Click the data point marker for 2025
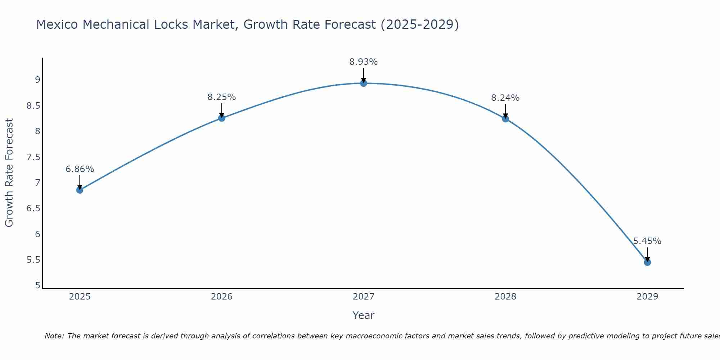pyautogui.click(x=80, y=190)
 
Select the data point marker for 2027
pyautogui.click(x=364, y=84)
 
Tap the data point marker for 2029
pyautogui.click(x=647, y=262)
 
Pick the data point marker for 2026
pyautogui.click(x=222, y=118)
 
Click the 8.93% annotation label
pyautogui.click(x=364, y=62)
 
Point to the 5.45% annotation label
pyautogui.click(x=647, y=241)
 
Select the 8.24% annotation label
pyautogui.click(x=505, y=98)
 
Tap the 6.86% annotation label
pyautogui.click(x=80, y=169)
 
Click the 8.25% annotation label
pyautogui.click(x=222, y=97)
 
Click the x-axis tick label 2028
pyautogui.click(x=505, y=297)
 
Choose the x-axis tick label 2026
pyautogui.click(x=222, y=297)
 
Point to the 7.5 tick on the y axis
pyautogui.click(x=33, y=157)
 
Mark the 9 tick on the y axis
pyautogui.click(x=37, y=80)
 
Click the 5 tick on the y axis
pyautogui.click(x=37, y=285)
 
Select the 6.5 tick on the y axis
pyautogui.click(x=33, y=208)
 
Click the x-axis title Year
pyautogui.click(x=364, y=315)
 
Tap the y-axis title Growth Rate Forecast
pyautogui.click(x=9, y=173)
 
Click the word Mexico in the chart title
pyautogui.click(x=57, y=24)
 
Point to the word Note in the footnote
pyautogui.click(x=54, y=336)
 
